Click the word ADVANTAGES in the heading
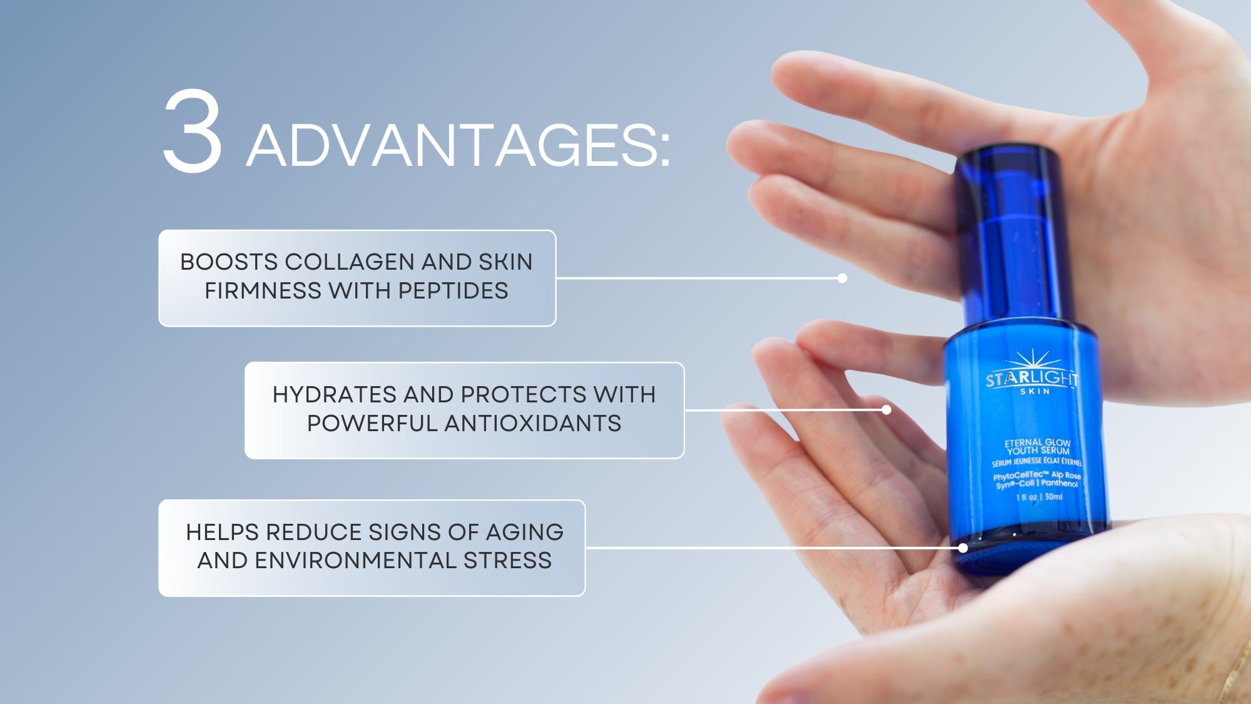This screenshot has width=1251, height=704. [x=458, y=145]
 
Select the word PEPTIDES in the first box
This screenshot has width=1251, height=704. [x=453, y=290]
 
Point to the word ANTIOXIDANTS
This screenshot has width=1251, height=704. [x=533, y=423]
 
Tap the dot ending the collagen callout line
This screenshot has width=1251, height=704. [x=843, y=278]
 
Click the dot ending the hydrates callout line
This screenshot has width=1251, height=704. [x=886, y=410]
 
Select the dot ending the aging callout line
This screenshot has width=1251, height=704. [x=963, y=548]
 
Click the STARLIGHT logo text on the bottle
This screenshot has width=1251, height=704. [x=1032, y=378]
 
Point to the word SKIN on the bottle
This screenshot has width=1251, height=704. [x=1035, y=392]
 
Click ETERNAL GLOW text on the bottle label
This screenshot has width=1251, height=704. [x=1038, y=442]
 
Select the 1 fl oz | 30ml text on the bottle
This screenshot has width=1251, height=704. [x=1039, y=497]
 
